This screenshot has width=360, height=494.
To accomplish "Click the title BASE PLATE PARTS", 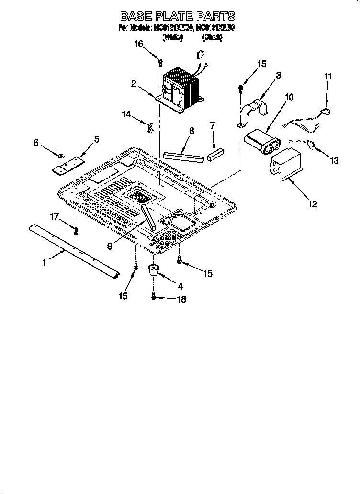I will point(178,17).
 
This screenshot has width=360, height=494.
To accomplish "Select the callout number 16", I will point(138,44).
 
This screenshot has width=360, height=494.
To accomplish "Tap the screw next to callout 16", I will point(160,62).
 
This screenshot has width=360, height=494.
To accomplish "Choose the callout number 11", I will point(328,76).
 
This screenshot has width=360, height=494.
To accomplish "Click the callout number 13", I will point(333,161).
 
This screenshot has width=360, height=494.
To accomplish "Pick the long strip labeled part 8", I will point(183,156).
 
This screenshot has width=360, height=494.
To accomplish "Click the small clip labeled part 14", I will point(150,127).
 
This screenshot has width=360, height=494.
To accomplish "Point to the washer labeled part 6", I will point(61,156).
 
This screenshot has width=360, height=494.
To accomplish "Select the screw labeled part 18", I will point(154,297).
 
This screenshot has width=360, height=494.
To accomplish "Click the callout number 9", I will point(110,246).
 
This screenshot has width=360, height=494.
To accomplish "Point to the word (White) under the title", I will point(173,37).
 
